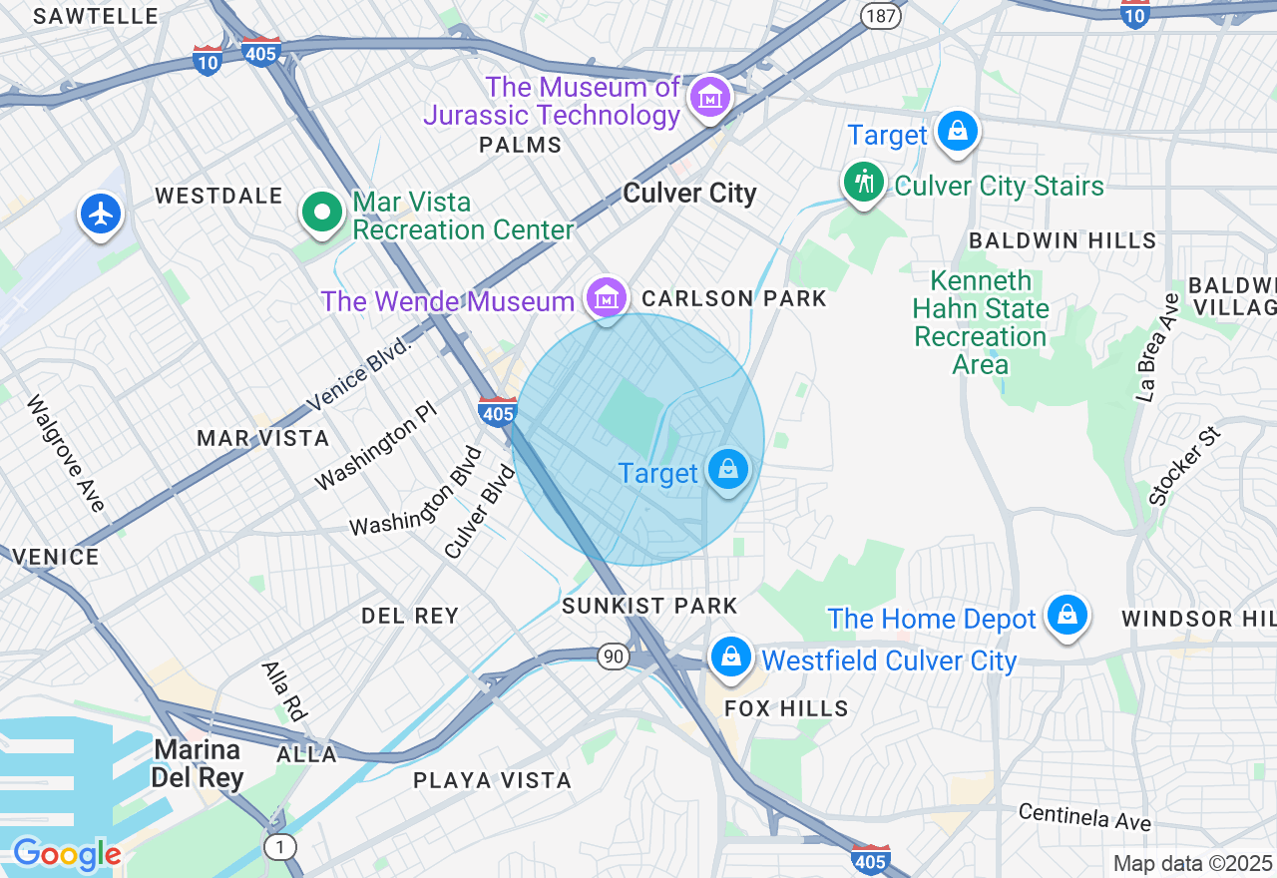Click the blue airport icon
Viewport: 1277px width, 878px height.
coord(101,214)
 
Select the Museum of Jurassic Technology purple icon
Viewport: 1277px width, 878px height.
coord(710,98)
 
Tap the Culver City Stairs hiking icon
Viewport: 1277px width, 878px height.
coord(862,183)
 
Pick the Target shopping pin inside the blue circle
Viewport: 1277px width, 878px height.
coord(727,469)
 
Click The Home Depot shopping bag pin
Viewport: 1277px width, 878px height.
coord(1066,614)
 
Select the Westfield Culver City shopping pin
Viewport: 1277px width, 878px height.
coord(730,657)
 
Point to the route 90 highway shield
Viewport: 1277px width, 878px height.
coord(613,656)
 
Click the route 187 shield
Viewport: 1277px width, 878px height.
coord(882,15)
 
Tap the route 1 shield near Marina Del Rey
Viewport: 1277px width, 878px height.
coord(280,847)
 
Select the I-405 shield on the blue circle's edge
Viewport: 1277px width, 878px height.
coord(497,411)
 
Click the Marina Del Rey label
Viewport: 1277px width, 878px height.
coord(197,763)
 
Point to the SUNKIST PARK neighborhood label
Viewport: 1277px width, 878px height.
coord(649,606)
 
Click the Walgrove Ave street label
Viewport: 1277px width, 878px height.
coord(66,454)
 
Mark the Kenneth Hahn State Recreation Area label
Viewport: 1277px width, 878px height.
coord(981,322)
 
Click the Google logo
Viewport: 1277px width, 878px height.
coord(67,854)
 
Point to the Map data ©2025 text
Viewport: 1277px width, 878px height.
coord(1192,863)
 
